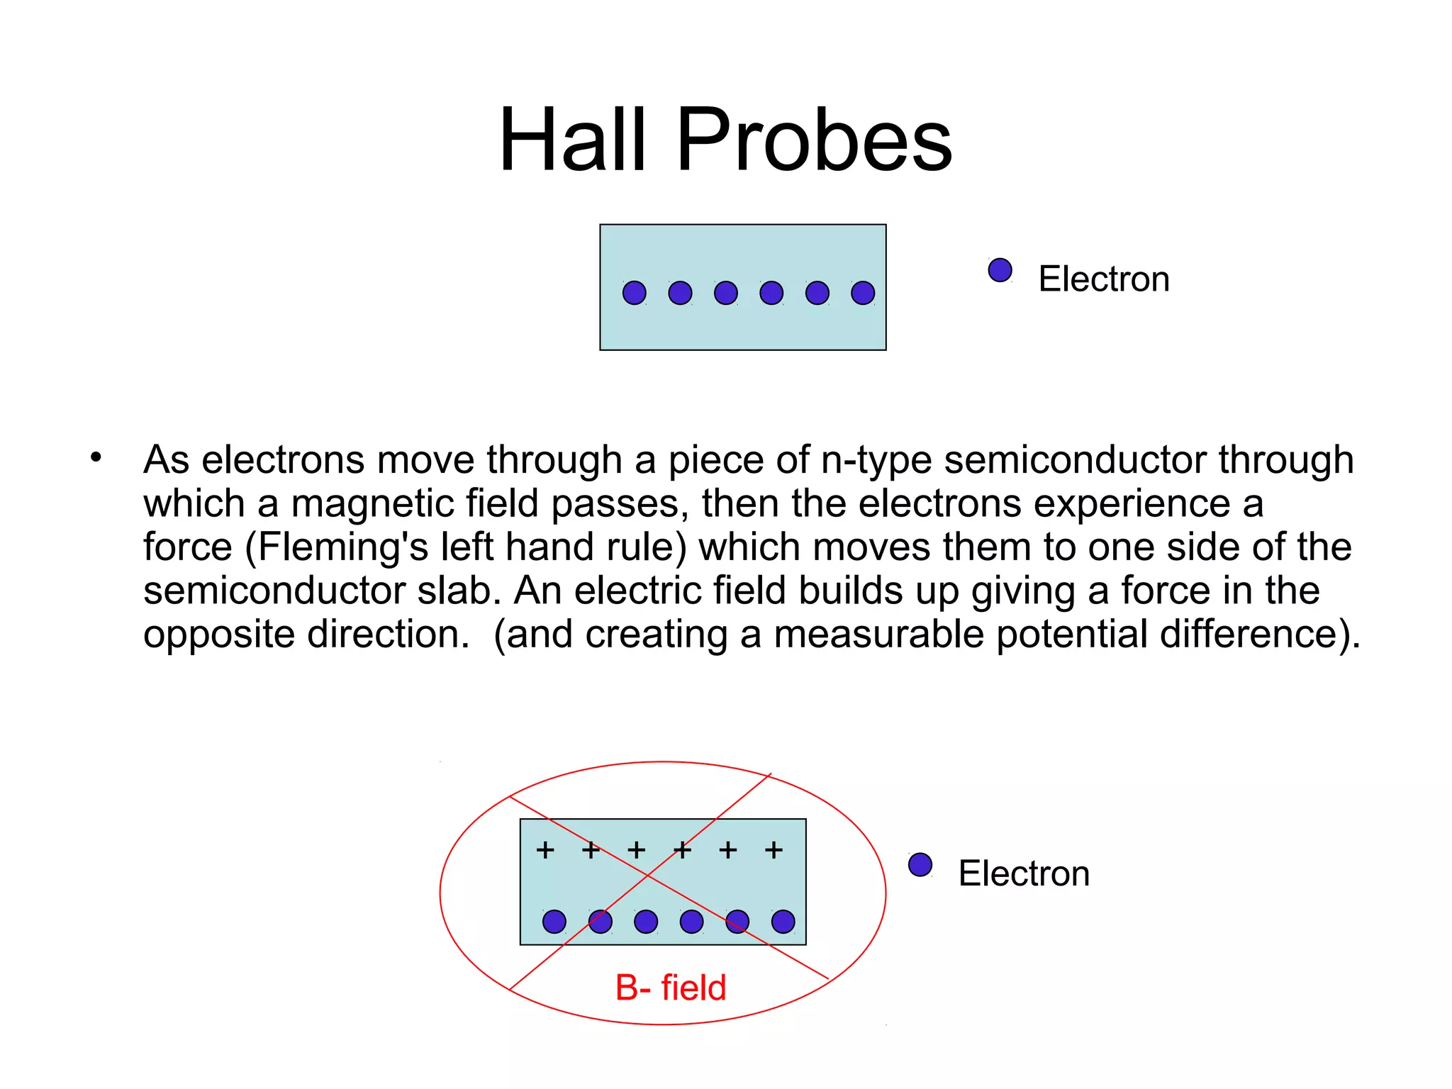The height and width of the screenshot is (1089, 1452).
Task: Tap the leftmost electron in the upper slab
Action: tap(634, 293)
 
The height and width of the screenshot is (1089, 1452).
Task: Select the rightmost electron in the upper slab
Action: tap(863, 293)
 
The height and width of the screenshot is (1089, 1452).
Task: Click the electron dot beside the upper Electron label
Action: tap(1000, 270)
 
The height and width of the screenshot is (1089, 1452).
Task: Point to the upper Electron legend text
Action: tap(1103, 279)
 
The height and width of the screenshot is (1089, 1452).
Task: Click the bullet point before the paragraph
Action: tap(96, 457)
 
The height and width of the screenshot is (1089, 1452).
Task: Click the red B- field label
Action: tap(671, 988)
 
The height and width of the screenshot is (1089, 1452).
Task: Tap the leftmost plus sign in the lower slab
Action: tap(545, 849)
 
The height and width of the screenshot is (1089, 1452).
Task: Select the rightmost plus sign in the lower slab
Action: tap(774, 849)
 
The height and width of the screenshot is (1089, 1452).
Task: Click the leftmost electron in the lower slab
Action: tap(554, 922)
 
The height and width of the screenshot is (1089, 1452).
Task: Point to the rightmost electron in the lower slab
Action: tap(783, 922)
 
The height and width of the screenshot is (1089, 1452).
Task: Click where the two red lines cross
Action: tap(648, 877)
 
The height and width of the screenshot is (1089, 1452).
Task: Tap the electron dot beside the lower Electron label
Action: tap(920, 865)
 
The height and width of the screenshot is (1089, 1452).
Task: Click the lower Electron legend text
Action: tap(1023, 873)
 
